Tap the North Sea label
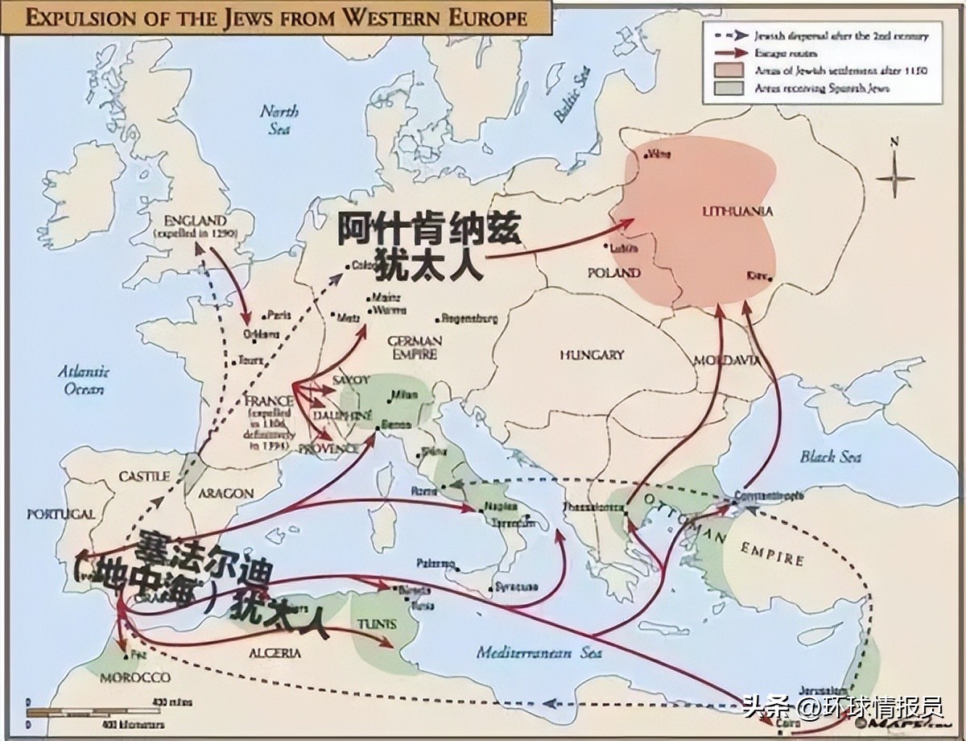click(279, 119)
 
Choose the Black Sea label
click(831, 457)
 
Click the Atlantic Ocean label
click(83, 379)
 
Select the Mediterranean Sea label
click(539, 652)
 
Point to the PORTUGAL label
click(60, 514)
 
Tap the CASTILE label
click(144, 477)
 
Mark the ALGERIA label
click(275, 653)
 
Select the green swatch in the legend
click(728, 89)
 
